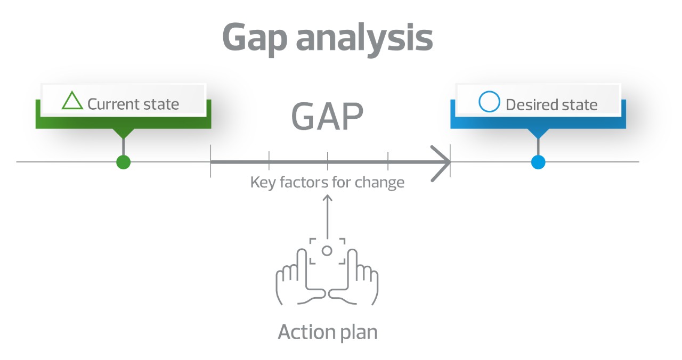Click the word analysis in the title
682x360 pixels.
(364, 37)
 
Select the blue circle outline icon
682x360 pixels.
(489, 102)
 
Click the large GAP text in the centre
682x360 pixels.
(327, 116)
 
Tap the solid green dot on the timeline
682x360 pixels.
(123, 162)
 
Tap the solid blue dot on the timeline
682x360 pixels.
(538, 162)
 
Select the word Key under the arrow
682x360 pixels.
(263, 183)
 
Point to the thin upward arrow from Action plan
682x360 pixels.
(327, 217)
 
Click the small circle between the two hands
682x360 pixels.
(327, 251)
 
